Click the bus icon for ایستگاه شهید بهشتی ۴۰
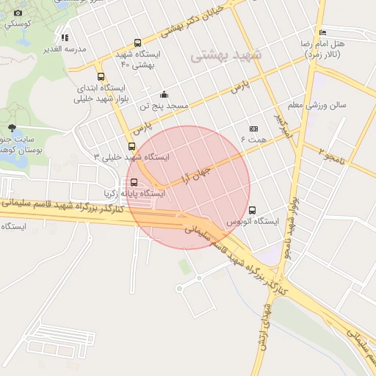click(138, 43)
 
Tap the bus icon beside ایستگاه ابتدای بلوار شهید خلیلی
click(101, 76)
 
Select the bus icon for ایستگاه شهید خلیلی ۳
click(131, 146)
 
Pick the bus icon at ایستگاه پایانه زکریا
click(134, 182)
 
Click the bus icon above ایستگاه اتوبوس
click(253, 210)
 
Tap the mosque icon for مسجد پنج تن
click(164, 94)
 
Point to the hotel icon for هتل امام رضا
click(323, 32)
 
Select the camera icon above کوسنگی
click(18, 12)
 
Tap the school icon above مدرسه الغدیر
click(65, 37)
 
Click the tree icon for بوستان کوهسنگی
click(12, 128)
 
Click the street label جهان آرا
click(195, 174)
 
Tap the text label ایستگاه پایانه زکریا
click(137, 193)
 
